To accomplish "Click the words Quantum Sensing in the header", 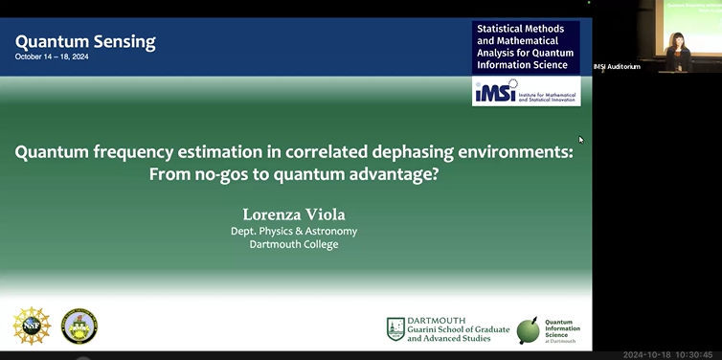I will [x=85, y=41].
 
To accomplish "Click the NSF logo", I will [x=32, y=326].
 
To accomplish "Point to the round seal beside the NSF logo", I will [x=79, y=326].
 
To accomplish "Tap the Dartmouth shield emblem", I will [x=395, y=329].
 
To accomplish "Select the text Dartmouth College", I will [x=295, y=244].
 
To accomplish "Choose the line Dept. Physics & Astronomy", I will [x=295, y=231].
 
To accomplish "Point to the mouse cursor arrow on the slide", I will [x=580, y=140].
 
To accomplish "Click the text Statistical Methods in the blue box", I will [x=518, y=30].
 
